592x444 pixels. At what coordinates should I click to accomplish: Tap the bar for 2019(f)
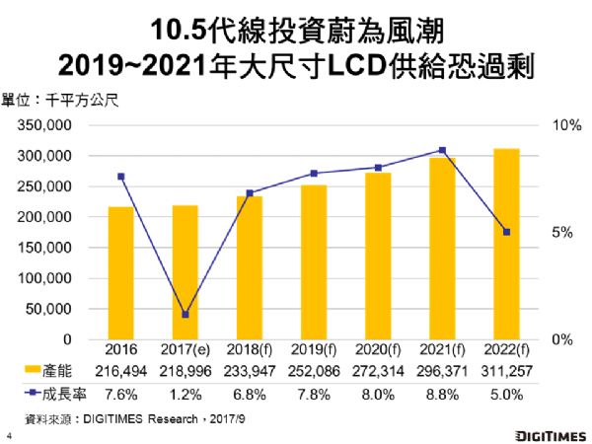pyautogui.click(x=314, y=262)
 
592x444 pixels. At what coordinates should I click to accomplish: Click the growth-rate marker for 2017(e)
pyautogui.click(x=185, y=315)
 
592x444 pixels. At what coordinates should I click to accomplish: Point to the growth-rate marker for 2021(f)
pyautogui.click(x=442, y=151)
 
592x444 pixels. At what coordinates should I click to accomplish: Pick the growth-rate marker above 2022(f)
pyautogui.click(x=506, y=233)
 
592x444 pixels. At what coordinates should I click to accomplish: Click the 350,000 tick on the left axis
pyautogui.click(x=42, y=126)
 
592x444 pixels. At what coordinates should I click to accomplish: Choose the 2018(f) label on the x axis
pyautogui.click(x=249, y=350)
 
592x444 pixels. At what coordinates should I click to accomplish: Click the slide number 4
pyautogui.click(x=8, y=433)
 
